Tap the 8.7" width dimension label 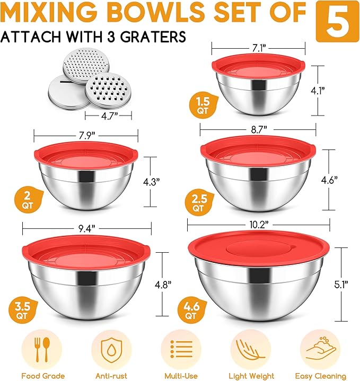pyautogui.click(x=258, y=128)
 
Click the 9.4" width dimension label pyautogui.click(x=86, y=228)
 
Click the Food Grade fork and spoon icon pyautogui.click(x=43, y=350)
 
